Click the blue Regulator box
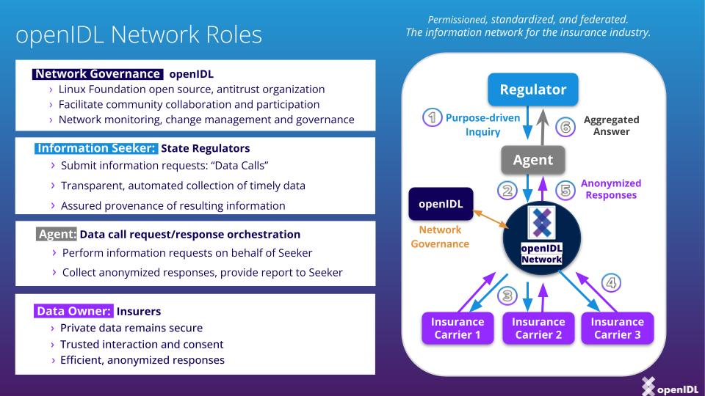(533, 90)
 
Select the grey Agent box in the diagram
(533, 160)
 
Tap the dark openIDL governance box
(441, 204)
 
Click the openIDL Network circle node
(541, 237)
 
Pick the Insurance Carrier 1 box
(458, 328)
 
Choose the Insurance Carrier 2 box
(538, 328)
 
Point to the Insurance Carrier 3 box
(617, 328)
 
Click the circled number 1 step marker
(433, 117)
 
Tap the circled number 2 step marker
(506, 191)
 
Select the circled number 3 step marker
(507, 296)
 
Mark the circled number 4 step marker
(611, 282)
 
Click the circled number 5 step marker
(565, 190)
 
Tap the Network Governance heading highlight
(98, 74)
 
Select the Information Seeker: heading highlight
(96, 148)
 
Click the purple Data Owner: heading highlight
(74, 311)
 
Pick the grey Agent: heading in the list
(57, 235)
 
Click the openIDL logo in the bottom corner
(668, 386)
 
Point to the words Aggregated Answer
(611, 125)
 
